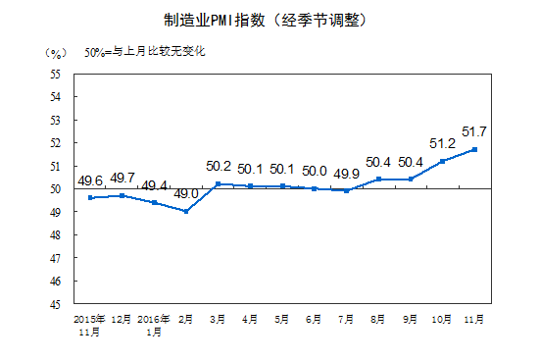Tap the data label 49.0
click(186, 194)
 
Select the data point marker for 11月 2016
click(475, 149)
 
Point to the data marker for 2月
click(186, 211)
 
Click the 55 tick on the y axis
click(55, 74)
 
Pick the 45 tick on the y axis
click(55, 303)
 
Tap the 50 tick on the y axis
click(55, 188)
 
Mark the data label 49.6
click(91, 180)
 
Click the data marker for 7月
click(347, 190)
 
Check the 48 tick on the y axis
click(55, 234)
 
